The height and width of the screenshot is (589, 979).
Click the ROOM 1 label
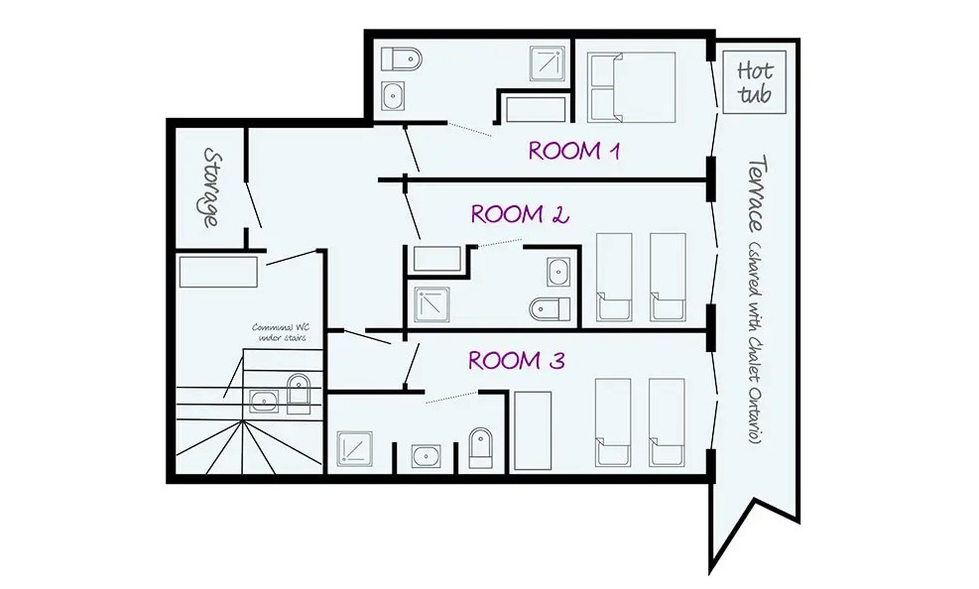(x=574, y=151)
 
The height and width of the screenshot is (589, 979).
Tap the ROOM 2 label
(x=520, y=214)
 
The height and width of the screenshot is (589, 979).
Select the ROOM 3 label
(x=517, y=361)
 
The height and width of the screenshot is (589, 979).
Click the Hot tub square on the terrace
(x=754, y=82)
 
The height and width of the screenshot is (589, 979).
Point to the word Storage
(x=211, y=187)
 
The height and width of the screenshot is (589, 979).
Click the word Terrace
(x=758, y=194)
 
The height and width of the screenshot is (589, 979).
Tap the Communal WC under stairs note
(x=280, y=332)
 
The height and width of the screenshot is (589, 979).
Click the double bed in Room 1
(x=631, y=87)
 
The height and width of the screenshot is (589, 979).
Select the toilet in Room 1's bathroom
(x=402, y=59)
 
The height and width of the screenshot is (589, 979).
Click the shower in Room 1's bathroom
(x=548, y=63)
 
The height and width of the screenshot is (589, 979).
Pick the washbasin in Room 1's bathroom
(x=393, y=97)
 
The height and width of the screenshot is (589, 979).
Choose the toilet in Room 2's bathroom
(x=551, y=308)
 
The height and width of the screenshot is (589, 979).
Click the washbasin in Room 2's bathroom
(x=558, y=272)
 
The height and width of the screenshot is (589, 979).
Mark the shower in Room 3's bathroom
(x=355, y=449)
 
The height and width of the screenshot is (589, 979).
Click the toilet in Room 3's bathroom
(x=480, y=448)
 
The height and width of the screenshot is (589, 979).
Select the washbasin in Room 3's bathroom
(x=427, y=457)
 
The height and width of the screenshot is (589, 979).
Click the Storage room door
(x=252, y=204)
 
